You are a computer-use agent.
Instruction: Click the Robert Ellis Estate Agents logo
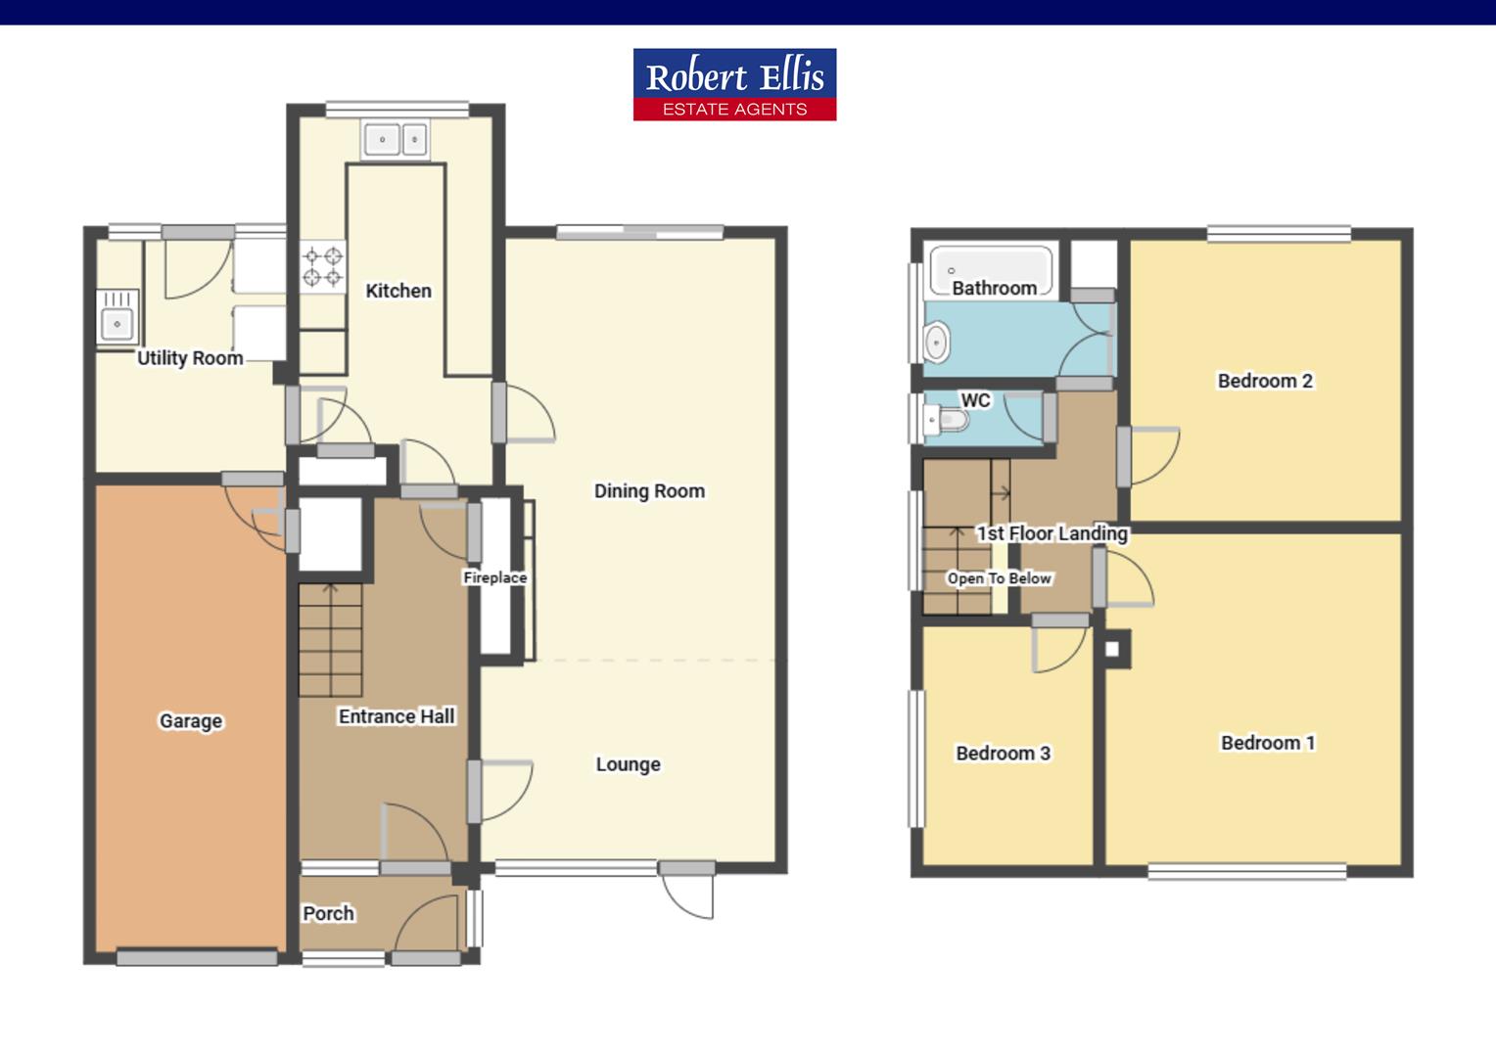734,84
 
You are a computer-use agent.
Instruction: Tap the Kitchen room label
397,291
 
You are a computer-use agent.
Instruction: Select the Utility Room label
190,358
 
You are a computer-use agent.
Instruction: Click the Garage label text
191,721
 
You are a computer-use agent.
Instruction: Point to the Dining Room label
649,491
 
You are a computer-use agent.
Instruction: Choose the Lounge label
628,764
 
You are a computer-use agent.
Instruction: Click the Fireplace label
494,577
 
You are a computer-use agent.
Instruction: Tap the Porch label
328,913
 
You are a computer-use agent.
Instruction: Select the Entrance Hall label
397,716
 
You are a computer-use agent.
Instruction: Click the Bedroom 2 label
1265,381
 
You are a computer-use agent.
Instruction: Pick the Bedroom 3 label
1003,753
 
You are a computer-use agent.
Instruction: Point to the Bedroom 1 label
1268,743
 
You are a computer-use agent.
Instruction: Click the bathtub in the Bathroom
991,265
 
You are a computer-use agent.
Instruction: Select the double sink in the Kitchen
396,140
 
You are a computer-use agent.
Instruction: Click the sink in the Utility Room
117,317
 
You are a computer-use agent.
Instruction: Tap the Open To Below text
999,578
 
